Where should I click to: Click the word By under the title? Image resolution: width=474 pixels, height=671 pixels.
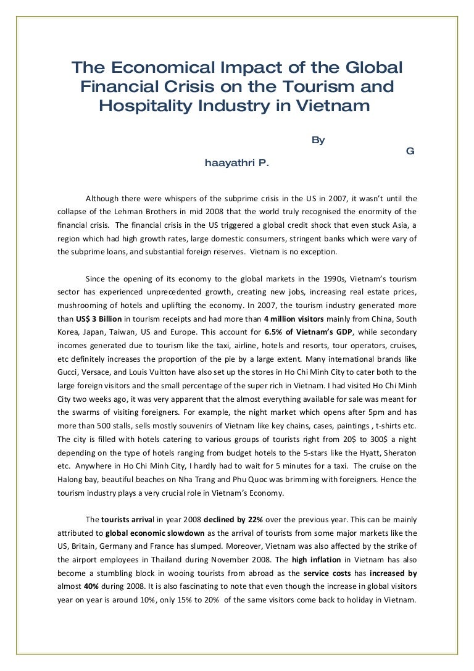coord(318,140)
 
